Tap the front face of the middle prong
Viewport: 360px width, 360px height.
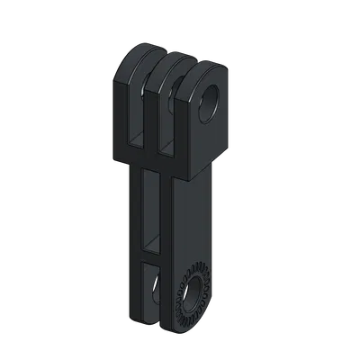point(152,117)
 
